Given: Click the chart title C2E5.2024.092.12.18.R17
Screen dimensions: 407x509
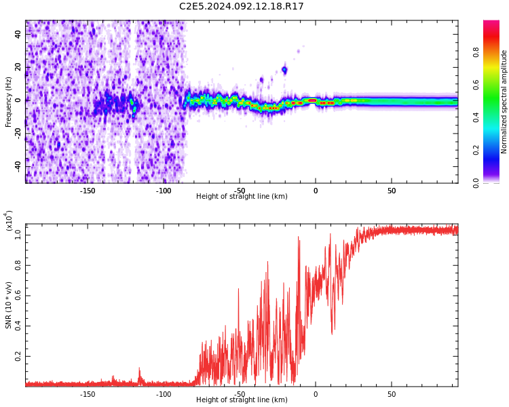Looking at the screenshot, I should click(241, 7).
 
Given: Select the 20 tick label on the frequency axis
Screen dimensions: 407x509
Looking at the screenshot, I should click(19, 67).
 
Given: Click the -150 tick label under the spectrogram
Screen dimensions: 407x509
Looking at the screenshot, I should click(88, 191).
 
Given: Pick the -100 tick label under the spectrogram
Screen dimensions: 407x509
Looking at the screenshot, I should click(164, 191).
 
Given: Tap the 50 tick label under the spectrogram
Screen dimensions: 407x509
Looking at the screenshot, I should click(392, 191).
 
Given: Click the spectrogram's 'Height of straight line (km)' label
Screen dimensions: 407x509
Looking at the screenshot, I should click(242, 197).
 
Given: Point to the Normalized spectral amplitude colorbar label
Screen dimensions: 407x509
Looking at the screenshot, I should click(504, 102).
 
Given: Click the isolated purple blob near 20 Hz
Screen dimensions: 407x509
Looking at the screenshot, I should click(284, 70).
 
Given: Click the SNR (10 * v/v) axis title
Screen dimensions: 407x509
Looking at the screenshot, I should click(9, 305).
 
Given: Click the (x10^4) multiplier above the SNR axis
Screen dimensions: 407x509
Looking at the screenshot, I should click(9, 221).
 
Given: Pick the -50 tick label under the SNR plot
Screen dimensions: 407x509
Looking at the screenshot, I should click(240, 394).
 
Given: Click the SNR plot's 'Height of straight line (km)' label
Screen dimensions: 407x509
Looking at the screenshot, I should click(242, 400).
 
